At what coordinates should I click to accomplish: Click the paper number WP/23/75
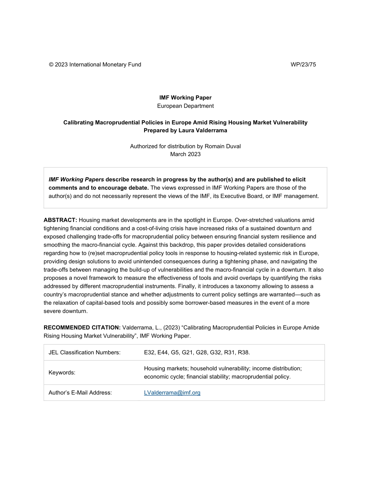point(303,65)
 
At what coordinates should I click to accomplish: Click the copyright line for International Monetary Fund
point(95,65)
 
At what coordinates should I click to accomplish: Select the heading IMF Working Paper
point(185,98)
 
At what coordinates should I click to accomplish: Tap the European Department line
point(185,106)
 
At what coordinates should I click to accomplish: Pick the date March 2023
point(185,154)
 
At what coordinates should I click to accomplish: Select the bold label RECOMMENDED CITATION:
point(82,327)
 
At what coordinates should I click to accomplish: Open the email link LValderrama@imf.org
point(172,393)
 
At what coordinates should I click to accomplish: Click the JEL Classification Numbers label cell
point(84,352)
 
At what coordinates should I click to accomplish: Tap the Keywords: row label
point(62,372)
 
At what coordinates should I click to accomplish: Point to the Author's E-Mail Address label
point(80,393)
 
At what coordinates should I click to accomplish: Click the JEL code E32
point(149,352)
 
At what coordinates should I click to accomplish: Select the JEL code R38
point(244,352)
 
